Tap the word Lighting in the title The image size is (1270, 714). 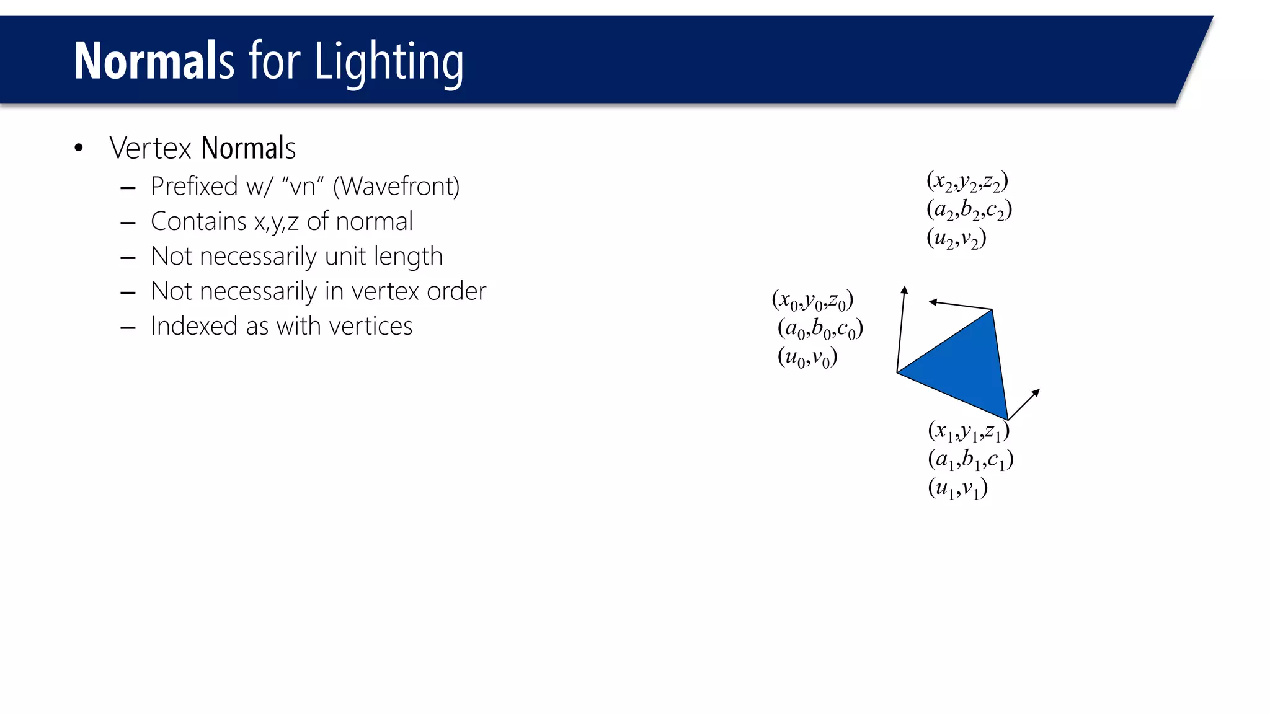[x=389, y=62]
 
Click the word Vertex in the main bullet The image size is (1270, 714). [x=150, y=148]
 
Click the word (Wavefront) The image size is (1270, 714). [x=396, y=186]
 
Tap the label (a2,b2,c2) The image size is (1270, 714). [x=969, y=210]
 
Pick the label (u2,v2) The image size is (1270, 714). [x=956, y=239]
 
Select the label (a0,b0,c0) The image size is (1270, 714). [x=820, y=329]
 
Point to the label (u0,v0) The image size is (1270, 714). [x=807, y=358]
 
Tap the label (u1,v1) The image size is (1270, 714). [x=957, y=488]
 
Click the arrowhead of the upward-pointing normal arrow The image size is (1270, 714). [x=904, y=289]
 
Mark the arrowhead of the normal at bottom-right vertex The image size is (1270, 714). [x=1036, y=392]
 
